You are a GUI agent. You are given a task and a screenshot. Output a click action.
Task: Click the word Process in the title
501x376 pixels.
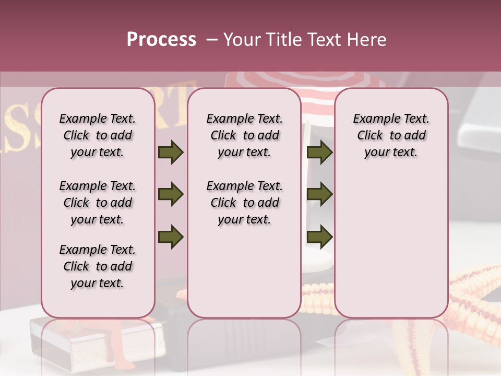click(x=161, y=40)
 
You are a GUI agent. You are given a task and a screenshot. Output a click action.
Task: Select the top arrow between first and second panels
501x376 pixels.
click(x=171, y=152)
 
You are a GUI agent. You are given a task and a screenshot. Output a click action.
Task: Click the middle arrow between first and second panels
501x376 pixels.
click(x=171, y=195)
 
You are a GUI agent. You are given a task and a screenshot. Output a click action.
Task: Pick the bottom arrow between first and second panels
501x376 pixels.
click(x=171, y=237)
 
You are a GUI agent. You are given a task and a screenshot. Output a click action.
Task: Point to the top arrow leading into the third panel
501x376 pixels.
click(x=319, y=152)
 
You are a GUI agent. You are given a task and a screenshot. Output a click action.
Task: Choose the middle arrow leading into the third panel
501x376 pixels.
click(x=319, y=195)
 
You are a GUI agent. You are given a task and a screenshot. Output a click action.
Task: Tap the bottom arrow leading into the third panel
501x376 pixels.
click(x=319, y=237)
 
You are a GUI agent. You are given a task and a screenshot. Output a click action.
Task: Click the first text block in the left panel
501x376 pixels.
click(x=98, y=135)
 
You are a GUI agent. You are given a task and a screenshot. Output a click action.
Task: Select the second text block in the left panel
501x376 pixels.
click(x=98, y=203)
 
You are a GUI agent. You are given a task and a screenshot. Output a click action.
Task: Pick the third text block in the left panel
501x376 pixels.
click(x=98, y=266)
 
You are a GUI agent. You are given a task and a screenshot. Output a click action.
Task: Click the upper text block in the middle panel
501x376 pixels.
click(x=244, y=135)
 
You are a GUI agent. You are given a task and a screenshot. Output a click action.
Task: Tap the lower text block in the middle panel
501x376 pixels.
click(x=244, y=203)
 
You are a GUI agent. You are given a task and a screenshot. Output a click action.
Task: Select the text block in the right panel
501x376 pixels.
click(x=391, y=135)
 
